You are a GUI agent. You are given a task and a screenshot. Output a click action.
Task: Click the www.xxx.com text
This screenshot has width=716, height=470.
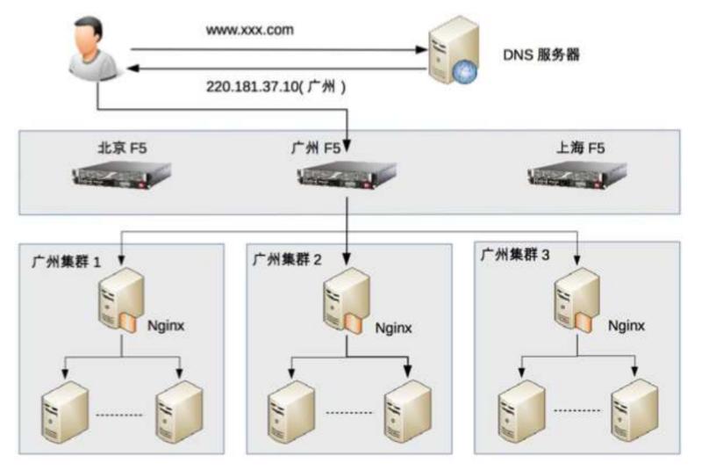250,30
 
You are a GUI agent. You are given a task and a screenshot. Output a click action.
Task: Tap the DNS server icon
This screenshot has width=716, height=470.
449,54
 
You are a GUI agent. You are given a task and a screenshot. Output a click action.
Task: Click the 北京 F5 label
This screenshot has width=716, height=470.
122,148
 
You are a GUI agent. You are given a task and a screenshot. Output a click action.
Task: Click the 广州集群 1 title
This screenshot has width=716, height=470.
67,261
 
